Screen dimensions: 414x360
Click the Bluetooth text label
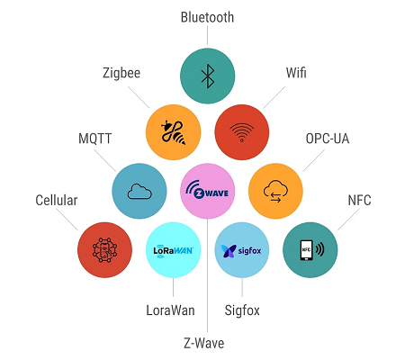coord(207,17)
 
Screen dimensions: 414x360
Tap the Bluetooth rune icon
coord(208,76)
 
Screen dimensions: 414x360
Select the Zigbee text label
coord(121,73)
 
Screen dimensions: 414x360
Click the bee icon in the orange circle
coord(173,132)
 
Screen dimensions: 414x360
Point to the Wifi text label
coord(296,73)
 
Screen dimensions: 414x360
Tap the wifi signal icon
coord(242,132)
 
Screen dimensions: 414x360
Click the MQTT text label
coord(95,139)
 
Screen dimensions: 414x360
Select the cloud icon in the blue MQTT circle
coord(139,192)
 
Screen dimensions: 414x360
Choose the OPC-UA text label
coord(328,139)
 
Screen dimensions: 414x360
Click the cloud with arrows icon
coord(275,192)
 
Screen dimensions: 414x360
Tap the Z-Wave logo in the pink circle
coord(207,189)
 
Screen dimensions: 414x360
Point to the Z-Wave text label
coord(204,343)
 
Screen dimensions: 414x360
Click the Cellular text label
coord(57,200)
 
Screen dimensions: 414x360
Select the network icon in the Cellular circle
coord(104,250)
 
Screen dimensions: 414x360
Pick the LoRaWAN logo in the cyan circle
coord(173,251)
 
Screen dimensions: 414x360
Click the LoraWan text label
coord(170,310)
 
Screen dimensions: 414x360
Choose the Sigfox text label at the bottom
coord(242,310)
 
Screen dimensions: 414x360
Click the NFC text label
coord(359,200)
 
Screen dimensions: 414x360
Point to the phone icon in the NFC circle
coord(307,250)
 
